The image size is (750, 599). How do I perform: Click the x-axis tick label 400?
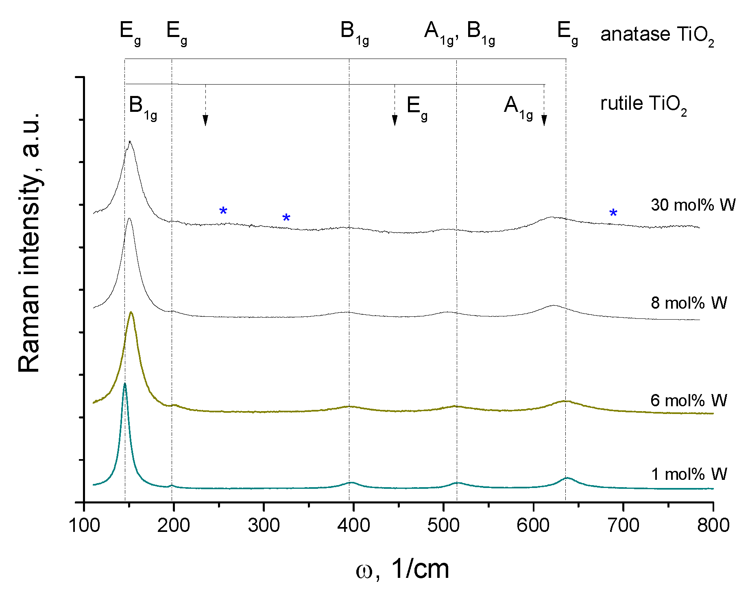click(353, 525)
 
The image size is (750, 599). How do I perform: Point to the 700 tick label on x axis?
click(623, 525)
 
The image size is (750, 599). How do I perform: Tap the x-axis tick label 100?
click(85, 525)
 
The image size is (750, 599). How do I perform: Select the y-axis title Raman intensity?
click(29, 242)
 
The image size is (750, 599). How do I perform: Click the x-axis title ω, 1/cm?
click(402, 569)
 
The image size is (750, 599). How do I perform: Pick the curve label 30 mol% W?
click(693, 205)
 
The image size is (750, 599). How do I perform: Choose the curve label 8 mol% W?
click(689, 303)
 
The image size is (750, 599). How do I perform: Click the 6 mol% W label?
click(689, 401)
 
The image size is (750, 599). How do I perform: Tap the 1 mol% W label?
click(689, 474)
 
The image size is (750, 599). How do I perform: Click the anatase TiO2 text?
click(657, 35)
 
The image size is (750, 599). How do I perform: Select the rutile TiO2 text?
click(643, 105)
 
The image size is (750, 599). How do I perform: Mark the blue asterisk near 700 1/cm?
click(613, 213)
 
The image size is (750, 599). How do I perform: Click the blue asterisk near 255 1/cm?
click(223, 211)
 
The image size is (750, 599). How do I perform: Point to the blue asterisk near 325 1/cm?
click(286, 217)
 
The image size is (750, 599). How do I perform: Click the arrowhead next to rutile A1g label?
click(544, 120)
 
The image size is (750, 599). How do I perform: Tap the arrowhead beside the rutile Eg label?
click(395, 120)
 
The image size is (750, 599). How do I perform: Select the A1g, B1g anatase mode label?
click(459, 33)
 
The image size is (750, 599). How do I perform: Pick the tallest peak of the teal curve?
click(125, 383)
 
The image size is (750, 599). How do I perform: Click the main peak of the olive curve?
click(131, 312)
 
